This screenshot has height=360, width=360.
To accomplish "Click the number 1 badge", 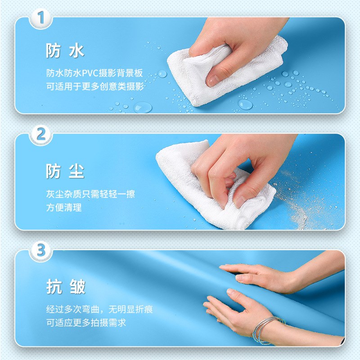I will (x=40, y=18).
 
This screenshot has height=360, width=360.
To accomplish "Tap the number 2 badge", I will (x=40, y=135).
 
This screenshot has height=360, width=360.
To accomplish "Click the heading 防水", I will (x=65, y=51).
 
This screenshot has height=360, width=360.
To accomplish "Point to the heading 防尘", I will (x=65, y=171).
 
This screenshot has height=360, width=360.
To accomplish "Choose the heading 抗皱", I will (x=66, y=287).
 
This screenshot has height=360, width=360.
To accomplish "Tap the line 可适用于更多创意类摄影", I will (x=95, y=86).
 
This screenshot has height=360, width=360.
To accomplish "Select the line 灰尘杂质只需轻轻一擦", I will (x=90, y=194).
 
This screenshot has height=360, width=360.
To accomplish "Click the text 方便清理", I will (x=64, y=208).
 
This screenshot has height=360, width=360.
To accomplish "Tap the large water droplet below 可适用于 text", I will (x=143, y=107).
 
